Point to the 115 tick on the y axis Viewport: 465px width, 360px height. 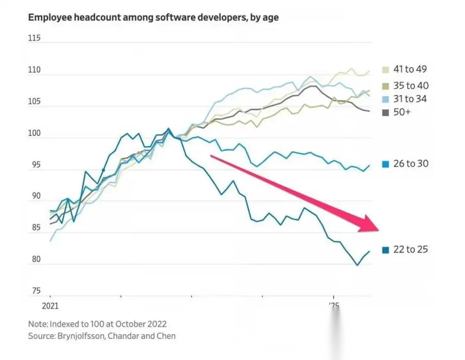pos(34,38)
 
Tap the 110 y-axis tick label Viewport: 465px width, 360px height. pos(34,70)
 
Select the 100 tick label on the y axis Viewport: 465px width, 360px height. pos(34,133)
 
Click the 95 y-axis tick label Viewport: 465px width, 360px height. pos(34,165)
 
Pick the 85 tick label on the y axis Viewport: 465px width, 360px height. pos(34,228)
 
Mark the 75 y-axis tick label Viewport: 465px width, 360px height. pos(34,291)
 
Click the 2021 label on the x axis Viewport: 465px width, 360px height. pos(50,307)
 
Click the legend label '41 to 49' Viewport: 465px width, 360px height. pos(410,69)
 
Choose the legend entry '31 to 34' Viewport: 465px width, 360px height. pos(410,99)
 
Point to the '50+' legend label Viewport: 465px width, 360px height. pos(403,112)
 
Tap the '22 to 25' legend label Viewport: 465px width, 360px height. pos(410,249)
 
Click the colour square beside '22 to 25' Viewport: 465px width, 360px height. pos(385,250)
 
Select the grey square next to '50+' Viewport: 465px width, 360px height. pos(385,113)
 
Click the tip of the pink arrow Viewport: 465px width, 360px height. pos(378,230)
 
